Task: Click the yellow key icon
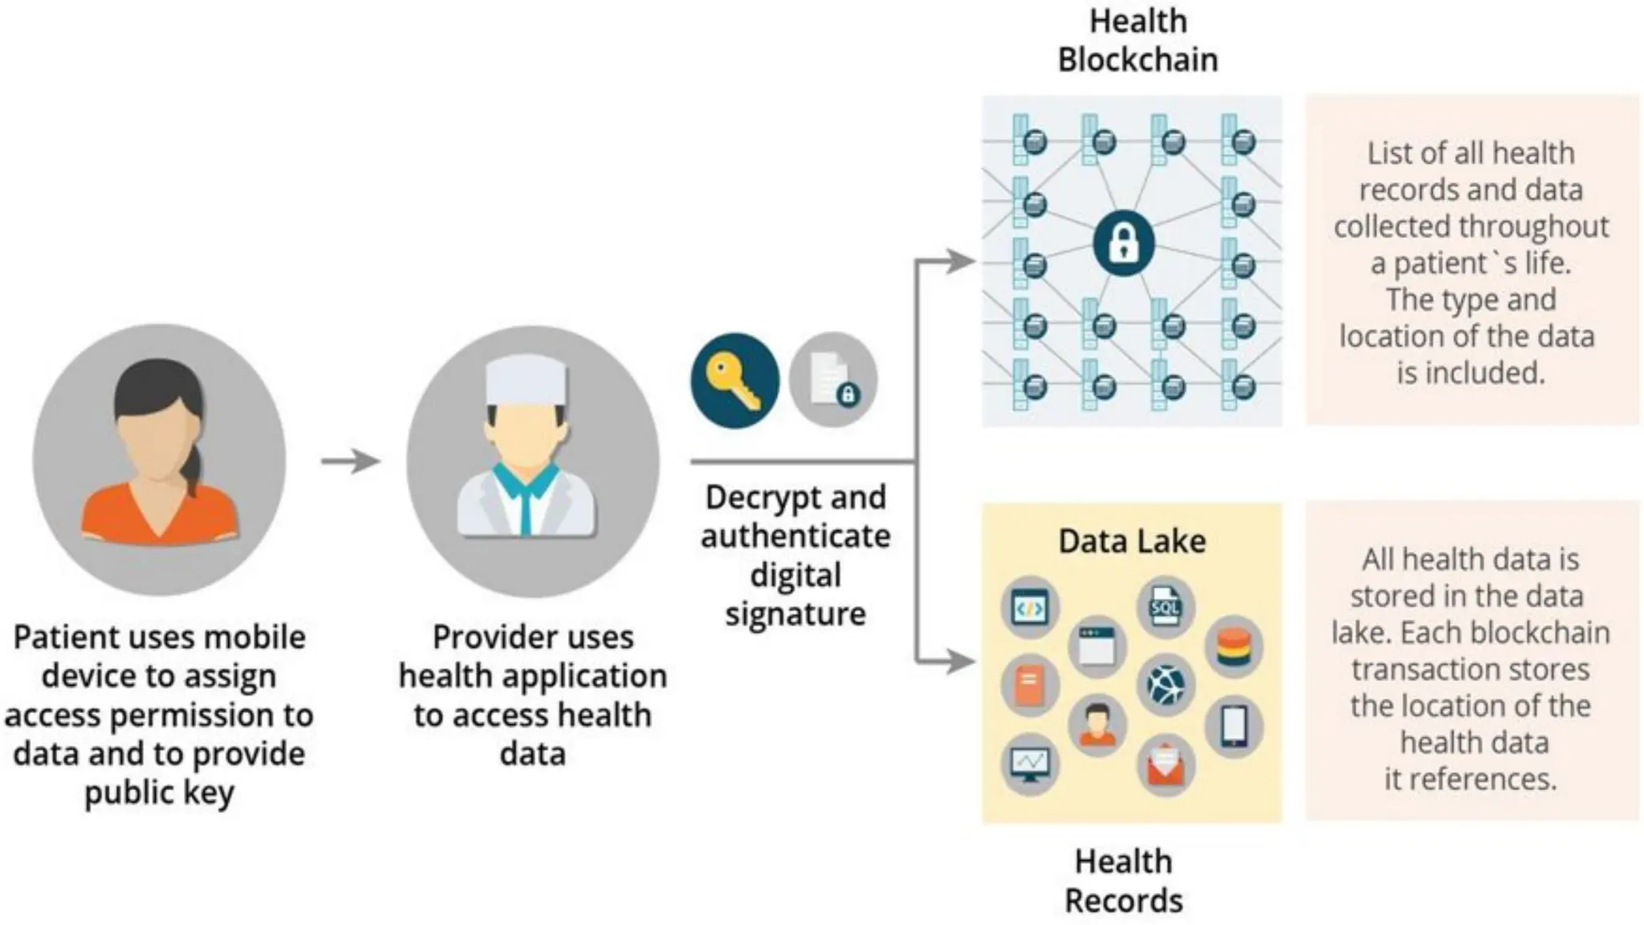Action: coord(734,381)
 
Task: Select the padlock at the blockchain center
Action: coord(1124,242)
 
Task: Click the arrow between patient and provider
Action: coord(351,461)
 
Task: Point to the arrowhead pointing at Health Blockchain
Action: coord(960,261)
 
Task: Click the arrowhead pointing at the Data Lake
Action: coord(960,662)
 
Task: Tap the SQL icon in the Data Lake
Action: coord(1166,606)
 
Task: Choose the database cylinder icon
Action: coord(1234,648)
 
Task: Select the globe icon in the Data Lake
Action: coord(1166,686)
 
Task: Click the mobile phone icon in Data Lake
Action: coord(1234,727)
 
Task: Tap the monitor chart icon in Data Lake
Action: coord(1030,764)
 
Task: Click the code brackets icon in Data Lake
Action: coord(1030,608)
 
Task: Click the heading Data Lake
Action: coord(1132,541)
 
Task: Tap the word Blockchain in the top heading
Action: coord(1137,60)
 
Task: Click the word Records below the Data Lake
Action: coord(1124,900)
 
